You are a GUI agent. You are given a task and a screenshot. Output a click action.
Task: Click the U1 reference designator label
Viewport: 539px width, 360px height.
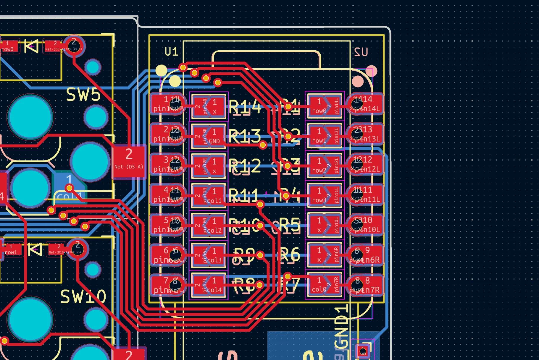coord(171,52)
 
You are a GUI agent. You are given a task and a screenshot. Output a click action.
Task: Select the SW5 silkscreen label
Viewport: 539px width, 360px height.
coord(83,95)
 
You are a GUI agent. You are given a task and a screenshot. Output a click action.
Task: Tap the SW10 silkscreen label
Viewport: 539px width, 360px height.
coord(83,296)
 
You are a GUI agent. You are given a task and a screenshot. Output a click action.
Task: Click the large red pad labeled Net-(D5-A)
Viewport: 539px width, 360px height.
coord(129,161)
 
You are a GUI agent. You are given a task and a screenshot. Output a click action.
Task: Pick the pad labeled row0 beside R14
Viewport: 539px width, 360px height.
coord(319,106)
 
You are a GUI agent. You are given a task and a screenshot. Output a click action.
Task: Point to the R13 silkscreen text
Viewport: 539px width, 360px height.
coord(245,136)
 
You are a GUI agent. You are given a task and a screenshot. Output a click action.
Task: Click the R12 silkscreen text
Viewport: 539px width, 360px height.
coord(245,166)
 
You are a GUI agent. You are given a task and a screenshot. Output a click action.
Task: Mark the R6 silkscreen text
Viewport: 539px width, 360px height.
coord(290,255)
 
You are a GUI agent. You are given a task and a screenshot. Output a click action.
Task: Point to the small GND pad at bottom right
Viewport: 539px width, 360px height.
coord(363,351)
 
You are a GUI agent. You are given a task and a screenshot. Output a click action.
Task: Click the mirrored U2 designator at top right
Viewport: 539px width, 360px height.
coord(361,52)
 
